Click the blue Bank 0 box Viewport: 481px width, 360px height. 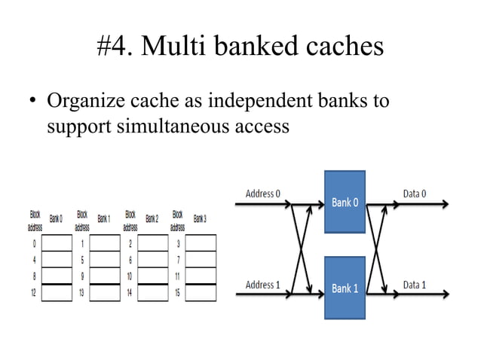tap(345, 203)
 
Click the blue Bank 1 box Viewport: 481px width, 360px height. tap(345, 287)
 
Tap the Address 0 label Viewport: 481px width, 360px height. tap(263, 194)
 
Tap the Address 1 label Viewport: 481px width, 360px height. tap(263, 285)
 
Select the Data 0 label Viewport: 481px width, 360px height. tap(414, 194)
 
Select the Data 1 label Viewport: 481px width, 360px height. tap(414, 285)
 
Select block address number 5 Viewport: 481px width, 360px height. tap(81, 259)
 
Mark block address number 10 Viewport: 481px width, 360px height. tap(130, 276)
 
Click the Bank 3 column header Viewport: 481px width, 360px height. tap(200, 218)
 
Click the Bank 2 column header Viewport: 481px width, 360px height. tap(152, 218)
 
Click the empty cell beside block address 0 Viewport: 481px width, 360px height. tap(57, 243)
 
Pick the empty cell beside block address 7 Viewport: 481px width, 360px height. tap(201, 259)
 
